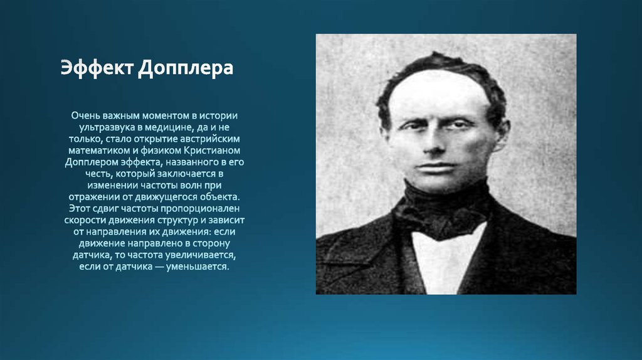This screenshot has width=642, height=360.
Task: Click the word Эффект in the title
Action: coord(96,68)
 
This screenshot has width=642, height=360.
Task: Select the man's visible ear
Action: coord(500,134)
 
